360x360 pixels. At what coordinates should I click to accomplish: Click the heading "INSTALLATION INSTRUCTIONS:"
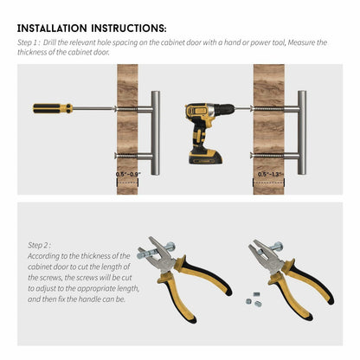click(92, 29)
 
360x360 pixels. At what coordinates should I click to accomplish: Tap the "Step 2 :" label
click(40, 245)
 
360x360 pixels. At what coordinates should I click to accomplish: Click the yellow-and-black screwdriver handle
click(53, 108)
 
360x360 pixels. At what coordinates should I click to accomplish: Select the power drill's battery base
click(205, 157)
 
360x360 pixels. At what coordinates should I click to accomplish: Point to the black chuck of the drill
click(225, 109)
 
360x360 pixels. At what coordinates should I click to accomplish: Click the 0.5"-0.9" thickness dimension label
click(128, 175)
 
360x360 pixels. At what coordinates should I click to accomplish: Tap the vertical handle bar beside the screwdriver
click(156, 133)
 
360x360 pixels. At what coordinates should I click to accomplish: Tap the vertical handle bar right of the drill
click(302, 132)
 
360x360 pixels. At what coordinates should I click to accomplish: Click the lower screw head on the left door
click(116, 156)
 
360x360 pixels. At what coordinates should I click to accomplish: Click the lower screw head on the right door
click(252, 156)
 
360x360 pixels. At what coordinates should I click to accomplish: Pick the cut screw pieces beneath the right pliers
click(254, 299)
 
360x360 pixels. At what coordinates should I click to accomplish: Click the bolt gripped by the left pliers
click(156, 251)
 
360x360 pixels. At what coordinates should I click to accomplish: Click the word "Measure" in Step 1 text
click(302, 42)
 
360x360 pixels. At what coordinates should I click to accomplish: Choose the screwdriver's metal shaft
click(93, 108)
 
